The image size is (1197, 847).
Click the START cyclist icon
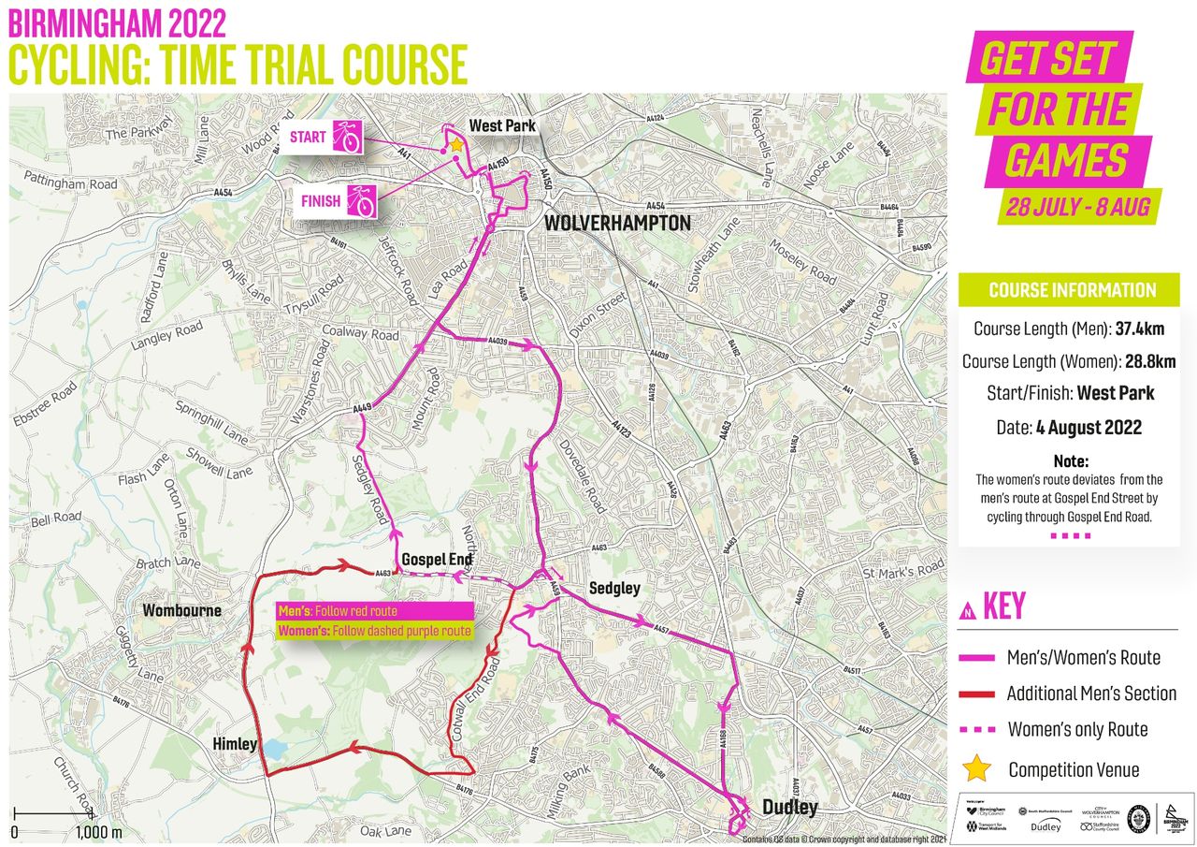coord(349,138)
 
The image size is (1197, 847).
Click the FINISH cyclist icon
coord(361,201)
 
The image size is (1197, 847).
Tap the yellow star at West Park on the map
coord(455,145)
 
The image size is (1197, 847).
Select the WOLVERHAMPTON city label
coord(617,224)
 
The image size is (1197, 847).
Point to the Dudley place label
coord(789,807)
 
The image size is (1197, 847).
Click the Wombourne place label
coord(181,611)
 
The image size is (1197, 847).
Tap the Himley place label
coord(233,744)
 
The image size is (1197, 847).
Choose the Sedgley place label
coord(614,589)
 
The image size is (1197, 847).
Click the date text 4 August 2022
coord(1089,428)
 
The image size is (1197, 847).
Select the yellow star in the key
coord(976,768)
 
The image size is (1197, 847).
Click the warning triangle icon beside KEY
coord(968,609)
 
